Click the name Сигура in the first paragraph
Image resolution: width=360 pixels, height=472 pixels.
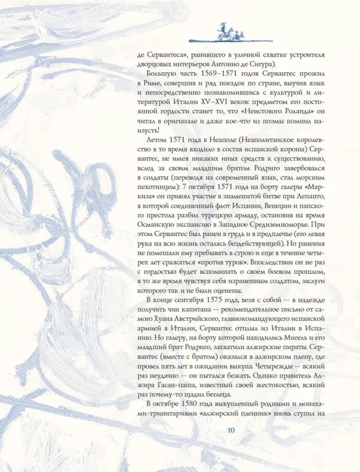click(296, 65)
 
